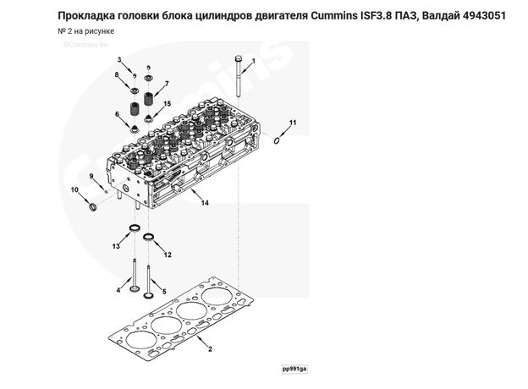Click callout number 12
coord(168,255)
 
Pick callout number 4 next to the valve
coord(118,290)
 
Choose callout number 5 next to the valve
coord(164,290)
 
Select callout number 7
coord(167,83)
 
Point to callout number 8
coord(117,76)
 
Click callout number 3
coord(120,59)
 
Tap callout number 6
coord(117,114)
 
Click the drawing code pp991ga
coord(295,370)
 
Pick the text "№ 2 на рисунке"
coord(85,32)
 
